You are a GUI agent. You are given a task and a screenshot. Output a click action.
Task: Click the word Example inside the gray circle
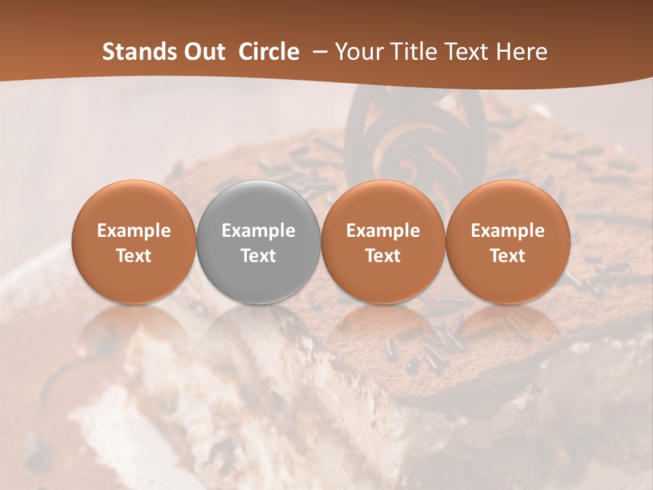pyautogui.click(x=258, y=231)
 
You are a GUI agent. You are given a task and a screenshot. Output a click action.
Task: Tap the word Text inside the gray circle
pyautogui.click(x=258, y=256)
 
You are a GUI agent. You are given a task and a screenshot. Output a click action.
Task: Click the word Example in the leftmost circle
pyautogui.click(x=134, y=231)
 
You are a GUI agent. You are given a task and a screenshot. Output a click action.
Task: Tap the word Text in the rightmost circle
pyautogui.click(x=507, y=256)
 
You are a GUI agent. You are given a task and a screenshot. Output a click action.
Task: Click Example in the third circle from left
pyautogui.click(x=383, y=231)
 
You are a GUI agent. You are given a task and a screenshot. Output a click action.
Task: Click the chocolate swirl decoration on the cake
pyautogui.click(x=415, y=136)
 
